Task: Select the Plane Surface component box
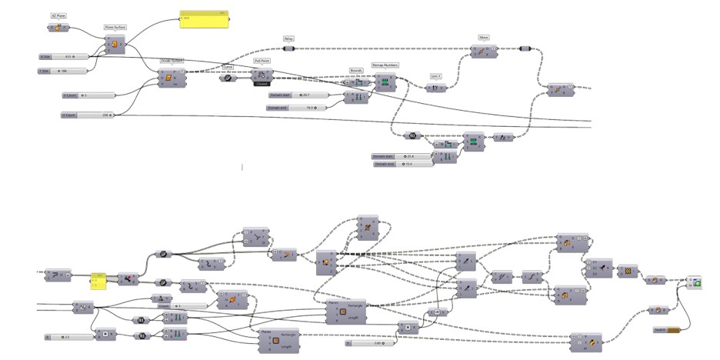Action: tap(114, 45)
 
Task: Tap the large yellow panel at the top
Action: tap(204, 20)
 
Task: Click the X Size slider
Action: tap(65, 57)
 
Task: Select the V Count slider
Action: tap(88, 95)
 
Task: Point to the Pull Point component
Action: tap(262, 75)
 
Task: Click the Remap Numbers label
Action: tap(385, 65)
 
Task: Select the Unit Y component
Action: tap(436, 87)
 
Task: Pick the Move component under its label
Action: tap(483, 51)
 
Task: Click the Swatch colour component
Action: tap(666, 330)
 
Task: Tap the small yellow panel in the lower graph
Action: tap(98, 282)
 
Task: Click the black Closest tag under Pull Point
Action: tap(262, 84)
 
